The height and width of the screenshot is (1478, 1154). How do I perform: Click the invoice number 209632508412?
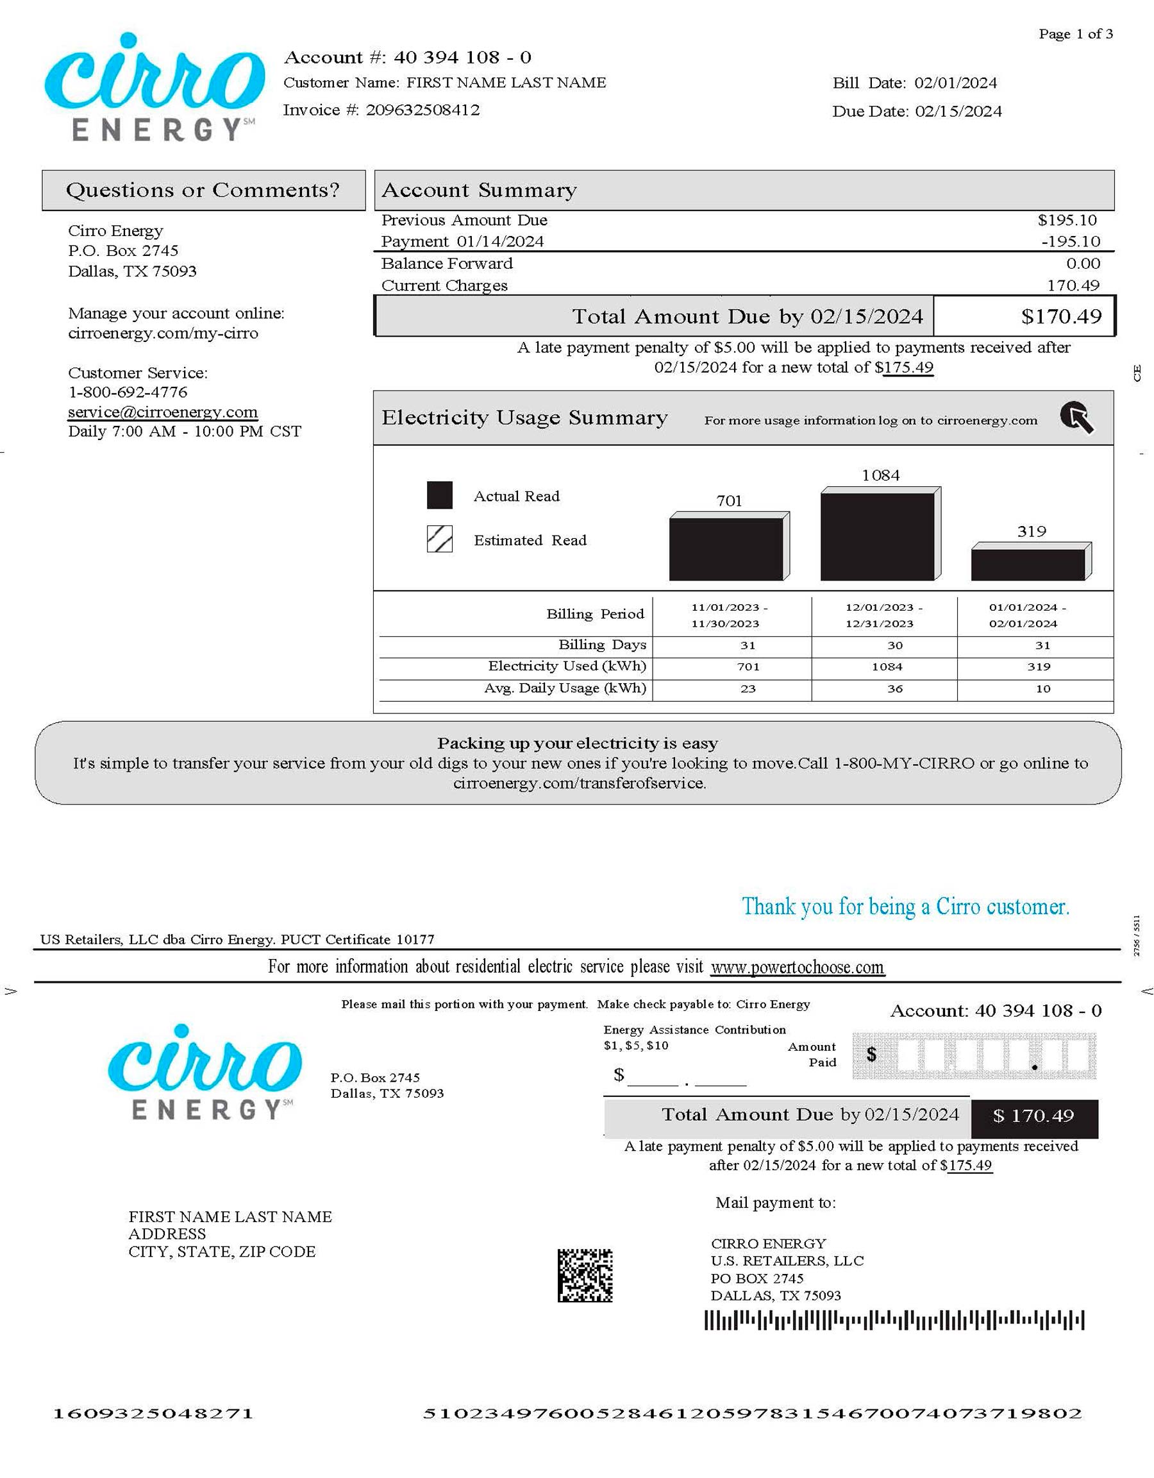(422, 110)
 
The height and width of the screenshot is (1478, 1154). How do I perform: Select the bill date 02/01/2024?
(955, 83)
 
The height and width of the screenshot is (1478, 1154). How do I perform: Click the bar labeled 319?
(1028, 564)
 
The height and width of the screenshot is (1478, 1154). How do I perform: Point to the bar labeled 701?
(726, 549)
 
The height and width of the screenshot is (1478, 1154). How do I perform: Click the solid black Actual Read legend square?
(440, 495)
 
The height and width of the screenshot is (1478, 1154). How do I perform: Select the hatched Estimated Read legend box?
(440, 539)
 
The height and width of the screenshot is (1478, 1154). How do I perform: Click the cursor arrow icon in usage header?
(1076, 418)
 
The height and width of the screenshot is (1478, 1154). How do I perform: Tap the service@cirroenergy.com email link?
(162, 412)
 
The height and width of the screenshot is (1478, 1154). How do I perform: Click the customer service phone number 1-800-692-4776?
(128, 392)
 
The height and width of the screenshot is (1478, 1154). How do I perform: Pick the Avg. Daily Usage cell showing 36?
(894, 689)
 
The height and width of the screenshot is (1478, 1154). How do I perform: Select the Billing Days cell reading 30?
(894, 645)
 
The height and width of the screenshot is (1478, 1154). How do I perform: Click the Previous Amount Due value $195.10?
(1067, 220)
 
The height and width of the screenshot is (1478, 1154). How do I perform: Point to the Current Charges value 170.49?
(1073, 285)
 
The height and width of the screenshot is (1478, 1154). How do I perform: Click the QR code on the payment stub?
(585, 1275)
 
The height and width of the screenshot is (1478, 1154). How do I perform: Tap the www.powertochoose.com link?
(797, 967)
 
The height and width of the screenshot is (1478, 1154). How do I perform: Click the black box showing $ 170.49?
(1033, 1116)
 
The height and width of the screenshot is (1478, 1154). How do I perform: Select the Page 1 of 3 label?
(1076, 34)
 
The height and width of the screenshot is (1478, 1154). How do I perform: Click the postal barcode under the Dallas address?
(894, 1320)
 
